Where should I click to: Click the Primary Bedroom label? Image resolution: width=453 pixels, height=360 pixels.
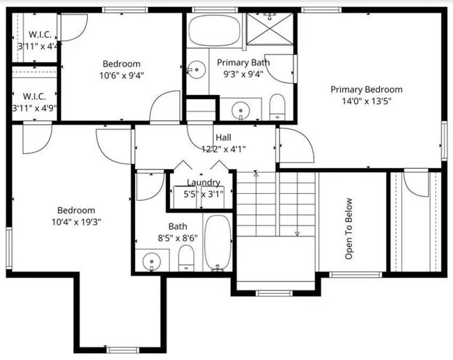point(366,89)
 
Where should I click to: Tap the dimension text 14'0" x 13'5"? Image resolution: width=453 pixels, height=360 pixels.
point(366,100)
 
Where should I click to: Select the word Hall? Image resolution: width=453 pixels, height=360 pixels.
point(223,137)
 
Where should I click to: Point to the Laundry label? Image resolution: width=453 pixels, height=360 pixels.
point(204,183)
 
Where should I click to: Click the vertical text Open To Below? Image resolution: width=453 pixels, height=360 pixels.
point(349,229)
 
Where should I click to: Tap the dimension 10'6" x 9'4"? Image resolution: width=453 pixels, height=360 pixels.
point(122,75)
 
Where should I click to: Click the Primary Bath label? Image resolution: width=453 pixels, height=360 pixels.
point(243,63)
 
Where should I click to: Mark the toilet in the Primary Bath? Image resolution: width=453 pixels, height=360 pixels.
point(277,106)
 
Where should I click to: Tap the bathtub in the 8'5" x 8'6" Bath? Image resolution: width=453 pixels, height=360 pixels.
point(218,243)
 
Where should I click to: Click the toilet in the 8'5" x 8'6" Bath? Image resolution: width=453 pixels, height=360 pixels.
point(186,260)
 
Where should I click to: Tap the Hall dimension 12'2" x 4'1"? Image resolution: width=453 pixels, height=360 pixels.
point(223,149)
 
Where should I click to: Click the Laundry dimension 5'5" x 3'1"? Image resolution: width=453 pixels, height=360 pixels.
point(204,194)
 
